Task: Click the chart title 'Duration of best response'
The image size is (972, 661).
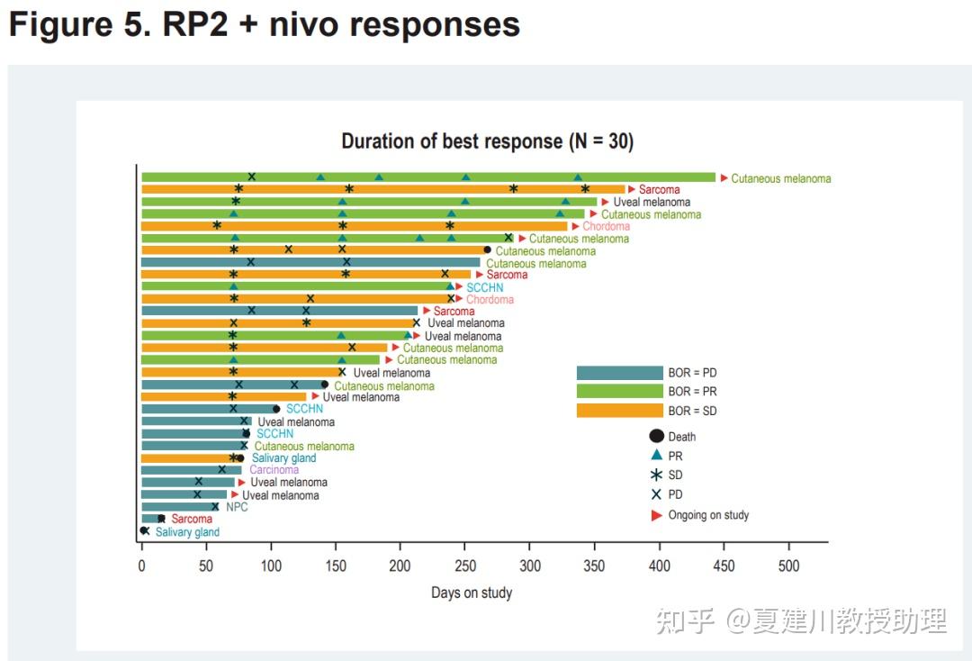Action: click(487, 141)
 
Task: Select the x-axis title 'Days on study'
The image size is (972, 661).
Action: click(472, 592)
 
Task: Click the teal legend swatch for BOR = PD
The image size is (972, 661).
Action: click(619, 373)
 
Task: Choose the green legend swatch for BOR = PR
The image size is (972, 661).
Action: click(619, 392)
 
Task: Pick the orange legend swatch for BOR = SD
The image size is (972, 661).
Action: click(619, 411)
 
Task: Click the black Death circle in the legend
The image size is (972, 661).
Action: click(656, 437)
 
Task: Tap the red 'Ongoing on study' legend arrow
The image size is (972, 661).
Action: click(656, 515)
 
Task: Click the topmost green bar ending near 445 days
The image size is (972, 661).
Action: click(427, 177)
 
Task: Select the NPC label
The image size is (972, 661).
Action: click(237, 507)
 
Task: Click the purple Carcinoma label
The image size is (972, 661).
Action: click(274, 470)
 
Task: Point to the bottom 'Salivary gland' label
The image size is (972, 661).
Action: click(187, 532)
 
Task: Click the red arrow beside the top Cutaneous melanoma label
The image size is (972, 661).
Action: click(723, 177)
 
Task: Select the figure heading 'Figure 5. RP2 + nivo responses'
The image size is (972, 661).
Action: click(265, 25)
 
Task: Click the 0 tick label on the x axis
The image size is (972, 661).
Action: click(141, 566)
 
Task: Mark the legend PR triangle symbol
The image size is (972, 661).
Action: click(656, 456)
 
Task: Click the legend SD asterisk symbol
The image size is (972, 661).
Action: click(656, 475)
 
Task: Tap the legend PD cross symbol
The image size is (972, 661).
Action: click(656, 494)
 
